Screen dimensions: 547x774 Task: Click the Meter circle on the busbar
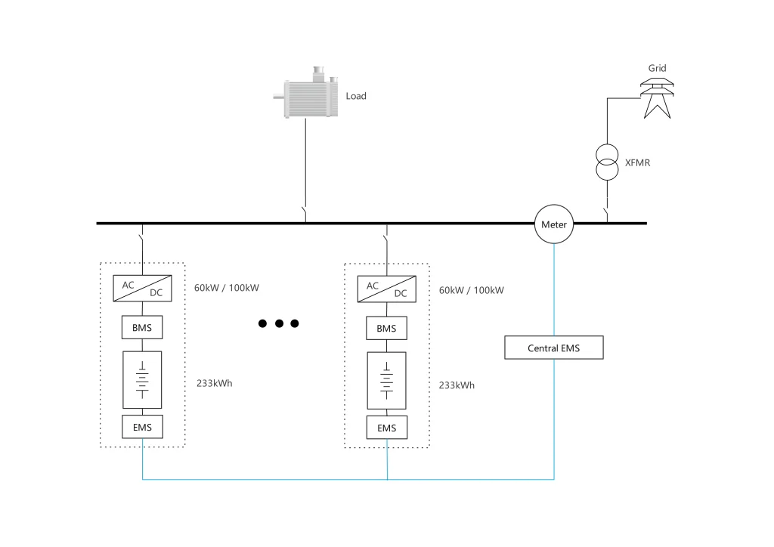(x=554, y=224)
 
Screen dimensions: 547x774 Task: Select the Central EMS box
(x=554, y=348)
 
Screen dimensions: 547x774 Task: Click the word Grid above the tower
(x=658, y=68)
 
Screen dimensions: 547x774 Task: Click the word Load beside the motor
(x=356, y=96)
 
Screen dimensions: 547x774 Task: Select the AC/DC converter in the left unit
(x=142, y=289)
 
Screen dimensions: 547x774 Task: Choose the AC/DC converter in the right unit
(x=386, y=289)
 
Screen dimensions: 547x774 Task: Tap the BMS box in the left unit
(x=142, y=328)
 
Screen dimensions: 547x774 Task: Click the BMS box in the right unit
(x=386, y=328)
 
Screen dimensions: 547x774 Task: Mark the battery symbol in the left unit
(x=142, y=379)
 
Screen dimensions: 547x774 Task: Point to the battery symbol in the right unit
(x=386, y=379)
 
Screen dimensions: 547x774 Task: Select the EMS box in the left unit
(x=142, y=427)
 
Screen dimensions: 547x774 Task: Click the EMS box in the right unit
(x=386, y=428)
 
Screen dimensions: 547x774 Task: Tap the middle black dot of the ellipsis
(x=279, y=323)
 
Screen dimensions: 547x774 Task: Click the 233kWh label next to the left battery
(x=214, y=383)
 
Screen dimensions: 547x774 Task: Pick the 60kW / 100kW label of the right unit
(x=471, y=290)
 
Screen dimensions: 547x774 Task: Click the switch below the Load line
(x=305, y=214)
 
